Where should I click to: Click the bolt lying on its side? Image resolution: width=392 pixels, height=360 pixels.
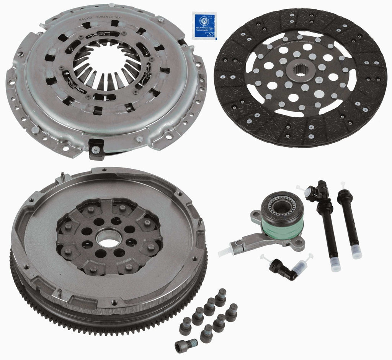click(186, 346)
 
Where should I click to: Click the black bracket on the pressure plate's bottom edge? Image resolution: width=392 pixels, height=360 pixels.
click(96, 148)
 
